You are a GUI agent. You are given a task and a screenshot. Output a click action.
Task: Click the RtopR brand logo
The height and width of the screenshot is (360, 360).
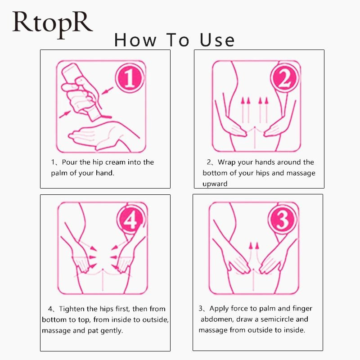(53, 24)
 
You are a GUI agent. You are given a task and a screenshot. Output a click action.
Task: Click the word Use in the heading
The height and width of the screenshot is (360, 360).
(217, 40)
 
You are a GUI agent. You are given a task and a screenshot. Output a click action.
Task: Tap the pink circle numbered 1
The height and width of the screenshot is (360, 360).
(130, 77)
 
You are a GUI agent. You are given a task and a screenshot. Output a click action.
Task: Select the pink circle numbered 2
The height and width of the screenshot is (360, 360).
(285, 77)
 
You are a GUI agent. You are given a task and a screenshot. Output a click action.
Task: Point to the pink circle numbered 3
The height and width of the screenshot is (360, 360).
(283, 219)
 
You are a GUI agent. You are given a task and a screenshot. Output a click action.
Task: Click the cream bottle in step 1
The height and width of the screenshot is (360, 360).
(81, 92)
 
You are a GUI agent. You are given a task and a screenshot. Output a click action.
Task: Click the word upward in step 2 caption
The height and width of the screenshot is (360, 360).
(215, 184)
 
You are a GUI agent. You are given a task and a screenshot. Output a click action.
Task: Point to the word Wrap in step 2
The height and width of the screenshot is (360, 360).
(227, 162)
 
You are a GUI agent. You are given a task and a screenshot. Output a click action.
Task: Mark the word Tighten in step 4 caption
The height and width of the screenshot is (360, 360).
(72, 309)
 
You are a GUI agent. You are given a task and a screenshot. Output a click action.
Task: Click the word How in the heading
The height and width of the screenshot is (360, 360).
(135, 40)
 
